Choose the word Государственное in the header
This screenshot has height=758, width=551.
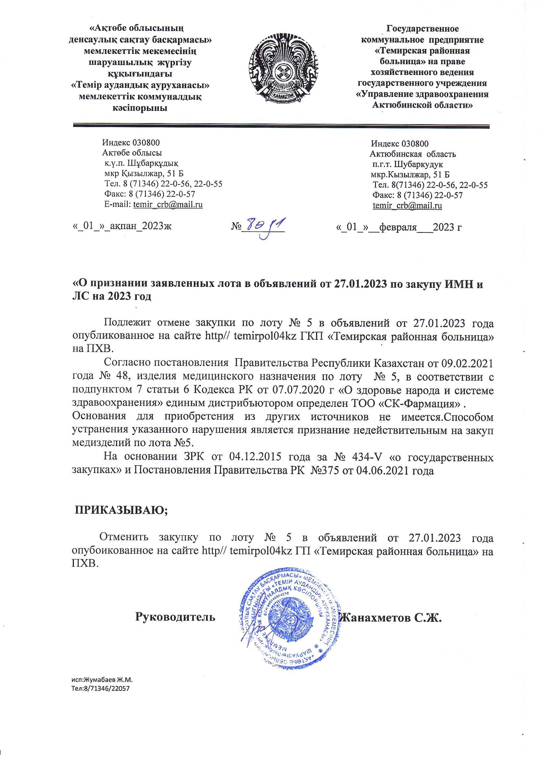(422, 29)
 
